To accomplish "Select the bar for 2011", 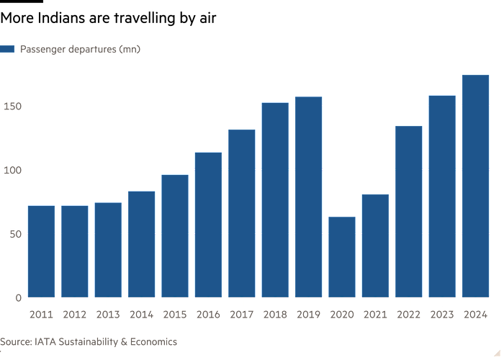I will point(41,251).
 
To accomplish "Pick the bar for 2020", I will point(342,256).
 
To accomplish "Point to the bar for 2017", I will point(241,212).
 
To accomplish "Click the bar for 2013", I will point(108,250).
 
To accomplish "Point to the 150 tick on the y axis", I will point(12,107).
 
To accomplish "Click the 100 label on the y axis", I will point(12,170).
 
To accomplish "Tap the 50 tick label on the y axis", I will point(14,233).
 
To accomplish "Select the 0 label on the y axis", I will point(19,297).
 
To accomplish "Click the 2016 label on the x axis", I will point(208,315).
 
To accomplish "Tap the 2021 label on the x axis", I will point(375,315).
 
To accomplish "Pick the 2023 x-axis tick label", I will point(442,315).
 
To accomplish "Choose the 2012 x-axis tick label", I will point(75,315).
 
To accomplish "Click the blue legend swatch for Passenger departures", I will point(8,49).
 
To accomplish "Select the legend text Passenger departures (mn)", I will point(80,49).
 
